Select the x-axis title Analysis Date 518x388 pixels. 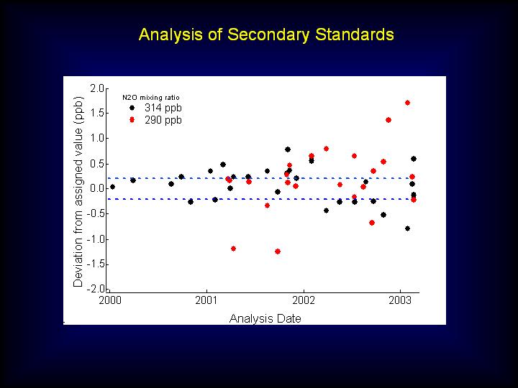tap(265, 318)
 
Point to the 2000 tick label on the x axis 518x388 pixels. tap(110, 300)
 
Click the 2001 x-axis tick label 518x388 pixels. tap(206, 300)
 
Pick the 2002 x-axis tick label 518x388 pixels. tap(304, 300)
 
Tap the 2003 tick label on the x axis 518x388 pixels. tap(400, 300)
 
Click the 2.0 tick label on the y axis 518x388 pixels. tap(97, 88)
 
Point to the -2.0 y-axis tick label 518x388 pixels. tap(96, 289)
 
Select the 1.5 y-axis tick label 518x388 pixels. tap(97, 114)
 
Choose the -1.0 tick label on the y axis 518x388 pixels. tap(96, 239)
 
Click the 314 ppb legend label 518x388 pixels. tap(163, 108)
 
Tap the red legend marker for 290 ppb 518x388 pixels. tap(132, 120)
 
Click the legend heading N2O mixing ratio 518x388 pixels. tap(151, 97)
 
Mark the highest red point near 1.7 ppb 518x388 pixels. tap(407, 103)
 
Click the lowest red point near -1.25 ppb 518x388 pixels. tap(278, 251)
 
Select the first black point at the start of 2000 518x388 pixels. tap(112, 187)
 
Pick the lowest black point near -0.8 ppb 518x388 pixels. tap(407, 228)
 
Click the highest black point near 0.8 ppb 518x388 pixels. tap(287, 149)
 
